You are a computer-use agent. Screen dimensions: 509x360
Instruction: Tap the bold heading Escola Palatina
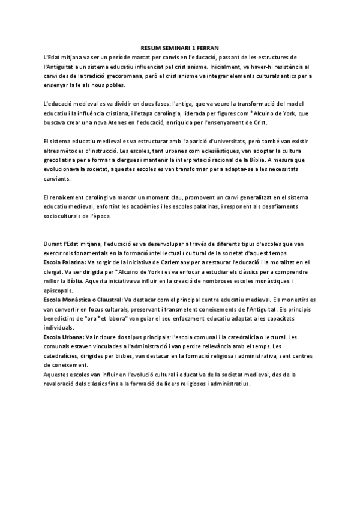[x=65, y=262]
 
